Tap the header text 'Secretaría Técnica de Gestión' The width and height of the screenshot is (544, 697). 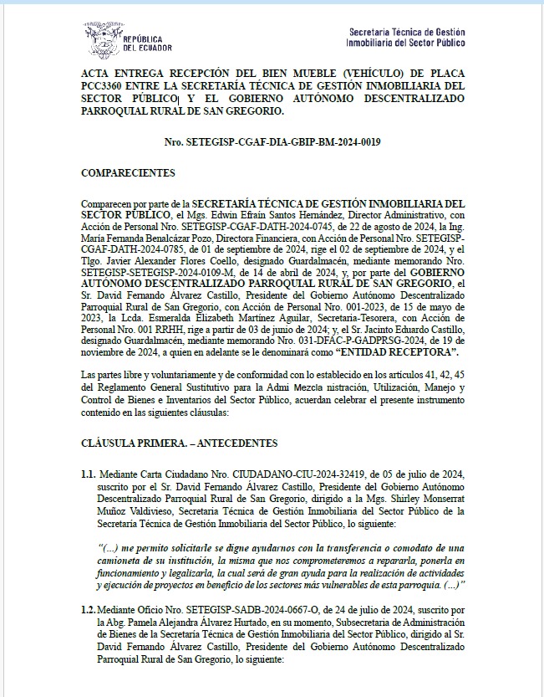[x=406, y=31]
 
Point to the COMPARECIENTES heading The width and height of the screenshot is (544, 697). [x=128, y=172]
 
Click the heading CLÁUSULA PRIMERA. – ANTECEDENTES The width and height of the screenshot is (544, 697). [x=179, y=443]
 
